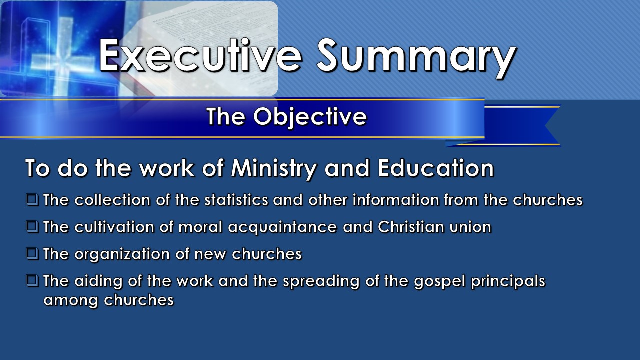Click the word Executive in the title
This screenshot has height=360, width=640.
200,55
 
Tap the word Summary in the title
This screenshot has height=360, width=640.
416,59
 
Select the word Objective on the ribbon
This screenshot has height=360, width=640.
310,117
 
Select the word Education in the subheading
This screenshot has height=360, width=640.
436,168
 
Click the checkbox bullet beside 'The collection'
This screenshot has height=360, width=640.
32,199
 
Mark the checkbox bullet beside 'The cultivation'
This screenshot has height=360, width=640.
32,227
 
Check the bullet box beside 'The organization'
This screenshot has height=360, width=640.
32,253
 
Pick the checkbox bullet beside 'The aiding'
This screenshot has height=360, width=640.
32,281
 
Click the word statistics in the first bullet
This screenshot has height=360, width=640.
236,200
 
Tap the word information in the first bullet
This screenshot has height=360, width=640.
396,200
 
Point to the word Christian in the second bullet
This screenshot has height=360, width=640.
411,227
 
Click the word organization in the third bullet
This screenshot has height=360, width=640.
122,255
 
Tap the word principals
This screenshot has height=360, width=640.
508,282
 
